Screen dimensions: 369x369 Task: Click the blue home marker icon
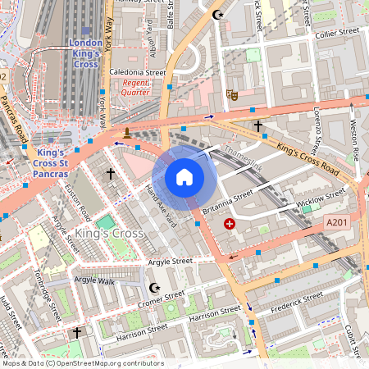(x=184, y=176)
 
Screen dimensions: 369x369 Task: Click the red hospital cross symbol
(x=230, y=223)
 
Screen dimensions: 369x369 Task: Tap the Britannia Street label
(x=227, y=203)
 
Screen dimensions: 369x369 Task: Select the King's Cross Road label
(x=308, y=150)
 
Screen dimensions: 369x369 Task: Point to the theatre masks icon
(x=233, y=95)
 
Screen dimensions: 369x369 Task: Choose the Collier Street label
(x=338, y=32)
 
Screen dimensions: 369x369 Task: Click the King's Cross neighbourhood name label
(x=109, y=235)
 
